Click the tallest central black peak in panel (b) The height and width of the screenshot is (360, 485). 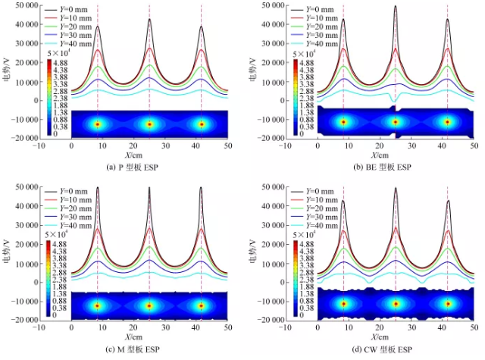tap(396, 7)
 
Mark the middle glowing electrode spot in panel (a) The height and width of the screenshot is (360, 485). tap(149, 124)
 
